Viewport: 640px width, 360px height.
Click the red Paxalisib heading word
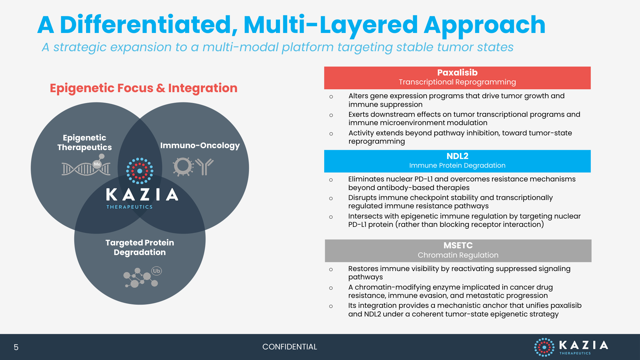(457, 73)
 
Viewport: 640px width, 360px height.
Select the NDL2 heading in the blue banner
(457, 156)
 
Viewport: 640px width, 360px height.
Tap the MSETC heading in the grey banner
(458, 245)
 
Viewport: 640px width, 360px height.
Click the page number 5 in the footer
(16, 347)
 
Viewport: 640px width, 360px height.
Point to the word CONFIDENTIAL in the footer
(290, 347)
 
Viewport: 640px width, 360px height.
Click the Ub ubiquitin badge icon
(156, 271)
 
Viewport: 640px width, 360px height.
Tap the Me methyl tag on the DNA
(97, 164)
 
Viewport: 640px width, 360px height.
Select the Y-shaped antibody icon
(204, 167)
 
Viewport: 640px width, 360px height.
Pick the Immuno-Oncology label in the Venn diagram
(200, 146)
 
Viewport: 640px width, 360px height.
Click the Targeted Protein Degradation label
(140, 247)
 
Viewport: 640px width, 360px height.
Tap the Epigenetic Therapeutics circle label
(84, 142)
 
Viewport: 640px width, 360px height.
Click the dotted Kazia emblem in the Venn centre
(140, 171)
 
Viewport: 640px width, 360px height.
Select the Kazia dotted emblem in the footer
(544, 347)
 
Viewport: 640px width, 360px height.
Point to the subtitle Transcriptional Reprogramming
(457, 82)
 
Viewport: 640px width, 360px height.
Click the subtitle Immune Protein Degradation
(457, 165)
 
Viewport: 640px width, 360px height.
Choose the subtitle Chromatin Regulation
(458, 255)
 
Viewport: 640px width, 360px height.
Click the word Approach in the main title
(484, 26)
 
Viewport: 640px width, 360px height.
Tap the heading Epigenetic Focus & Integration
(144, 88)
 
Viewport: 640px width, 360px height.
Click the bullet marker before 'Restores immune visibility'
(331, 269)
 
